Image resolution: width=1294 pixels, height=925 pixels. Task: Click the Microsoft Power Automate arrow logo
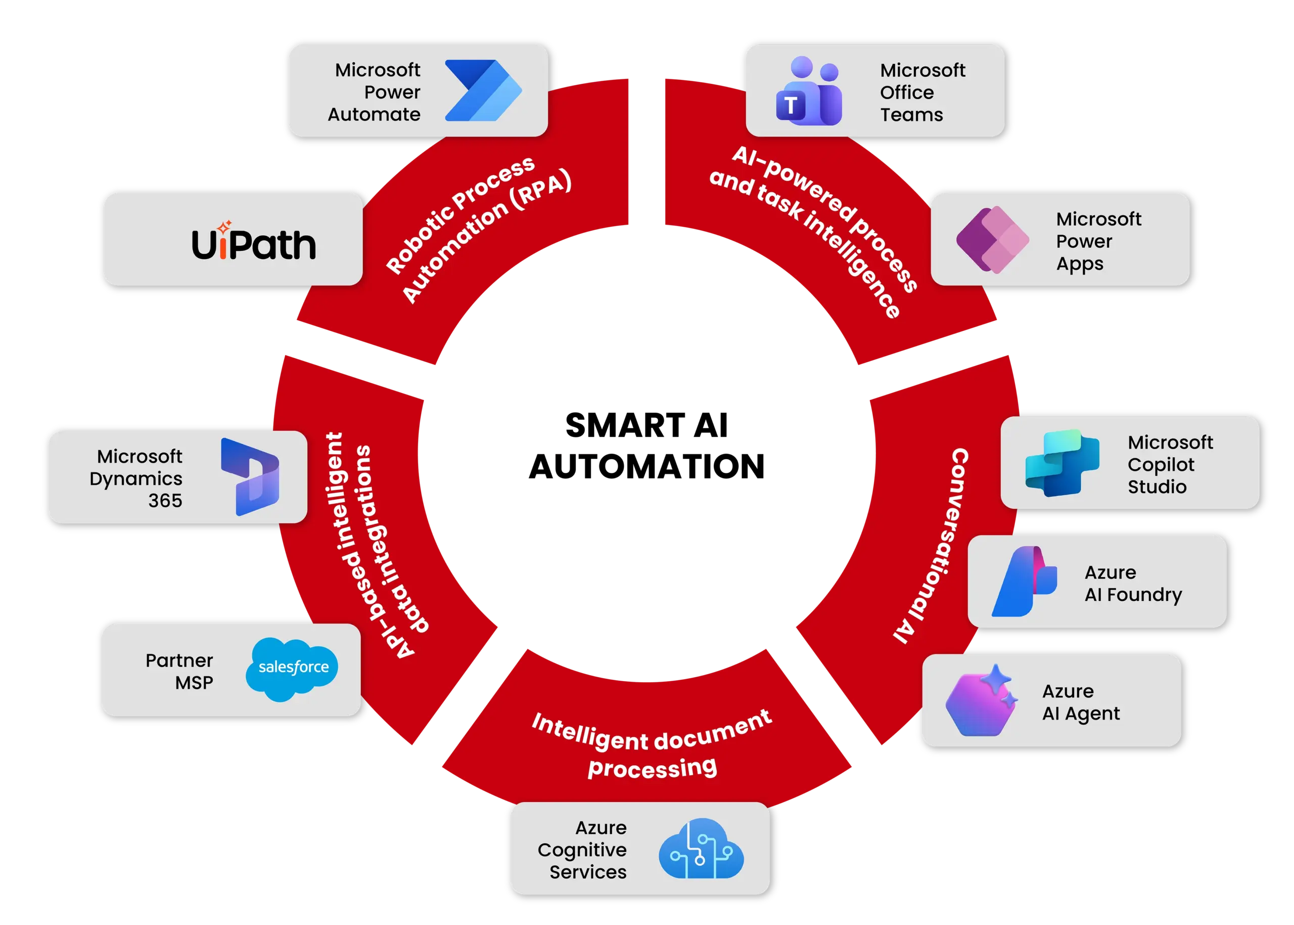click(x=483, y=91)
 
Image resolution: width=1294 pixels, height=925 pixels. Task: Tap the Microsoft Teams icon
click(x=808, y=92)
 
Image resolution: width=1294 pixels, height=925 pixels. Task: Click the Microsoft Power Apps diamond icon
click(x=992, y=239)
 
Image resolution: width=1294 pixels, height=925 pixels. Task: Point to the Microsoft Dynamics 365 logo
click(x=251, y=477)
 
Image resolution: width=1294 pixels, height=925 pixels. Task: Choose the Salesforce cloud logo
click(x=292, y=668)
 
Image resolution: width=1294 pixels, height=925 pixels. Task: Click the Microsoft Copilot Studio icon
click(x=1061, y=462)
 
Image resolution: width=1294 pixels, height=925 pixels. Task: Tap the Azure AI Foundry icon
click(x=1024, y=582)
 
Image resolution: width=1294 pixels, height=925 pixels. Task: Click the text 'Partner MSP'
click(x=179, y=671)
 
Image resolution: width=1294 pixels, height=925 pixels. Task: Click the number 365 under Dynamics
click(x=165, y=501)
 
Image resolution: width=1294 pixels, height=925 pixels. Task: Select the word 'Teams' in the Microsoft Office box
click(x=911, y=115)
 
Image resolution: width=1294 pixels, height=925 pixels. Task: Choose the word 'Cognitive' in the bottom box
click(x=582, y=850)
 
